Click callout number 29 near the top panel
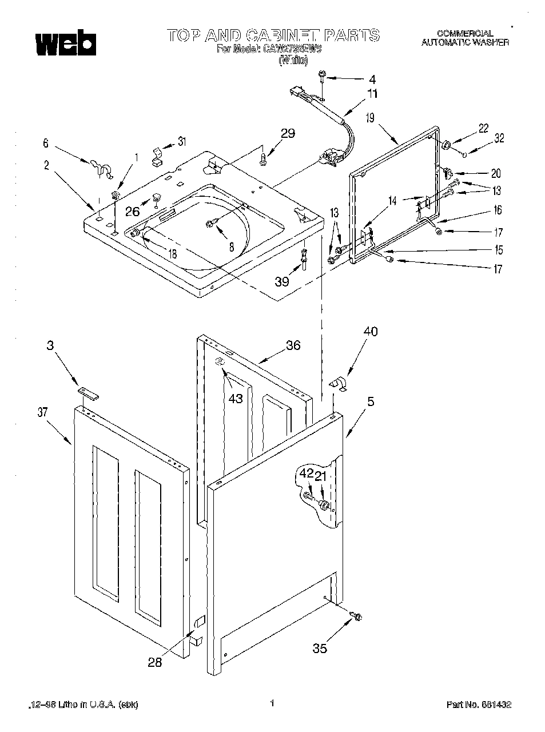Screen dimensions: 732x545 288,133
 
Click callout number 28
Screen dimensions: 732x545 154,662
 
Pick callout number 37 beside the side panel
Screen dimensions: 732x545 42,412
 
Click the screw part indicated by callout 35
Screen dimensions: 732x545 358,616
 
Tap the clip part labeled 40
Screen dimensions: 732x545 339,384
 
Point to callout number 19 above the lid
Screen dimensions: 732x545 370,118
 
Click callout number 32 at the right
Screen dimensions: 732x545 499,137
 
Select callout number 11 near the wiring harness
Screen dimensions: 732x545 372,94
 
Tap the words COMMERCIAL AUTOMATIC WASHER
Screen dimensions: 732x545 464,38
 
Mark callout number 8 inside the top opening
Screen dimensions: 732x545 231,247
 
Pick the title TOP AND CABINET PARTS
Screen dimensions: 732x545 273,35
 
